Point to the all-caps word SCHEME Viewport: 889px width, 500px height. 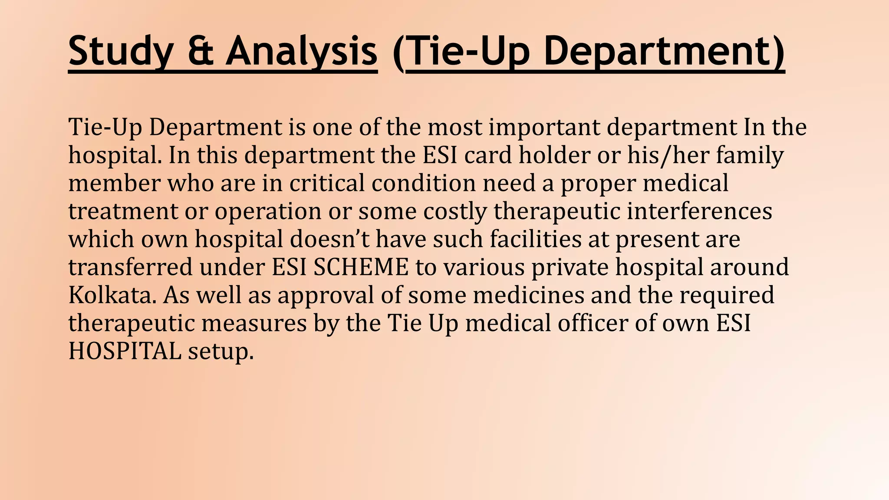point(361,267)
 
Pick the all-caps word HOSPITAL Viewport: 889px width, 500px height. point(125,351)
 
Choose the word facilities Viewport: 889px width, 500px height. point(535,239)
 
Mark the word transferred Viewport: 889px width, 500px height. point(130,267)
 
